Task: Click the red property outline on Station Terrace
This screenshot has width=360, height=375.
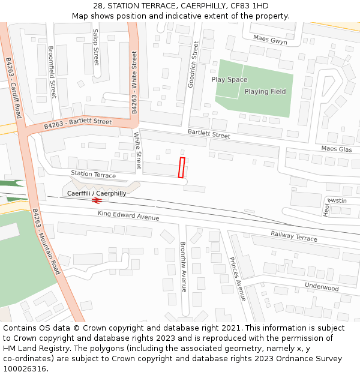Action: (181, 167)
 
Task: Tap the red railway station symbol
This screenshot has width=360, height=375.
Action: (97, 200)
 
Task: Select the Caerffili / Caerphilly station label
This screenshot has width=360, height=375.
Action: (97, 193)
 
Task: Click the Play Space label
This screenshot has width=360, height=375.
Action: (229, 80)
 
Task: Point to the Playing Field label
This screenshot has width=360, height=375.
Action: (265, 92)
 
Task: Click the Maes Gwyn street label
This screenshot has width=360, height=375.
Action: (269, 40)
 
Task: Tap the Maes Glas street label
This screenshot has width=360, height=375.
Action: (336, 149)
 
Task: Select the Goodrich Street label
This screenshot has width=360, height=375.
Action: (194, 65)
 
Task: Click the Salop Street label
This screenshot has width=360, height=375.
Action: (95, 49)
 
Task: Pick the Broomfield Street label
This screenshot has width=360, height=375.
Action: (52, 72)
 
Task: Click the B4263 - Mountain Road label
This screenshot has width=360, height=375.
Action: (46, 242)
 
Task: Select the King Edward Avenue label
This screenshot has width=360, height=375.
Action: (128, 215)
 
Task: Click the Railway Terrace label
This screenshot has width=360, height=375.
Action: (293, 236)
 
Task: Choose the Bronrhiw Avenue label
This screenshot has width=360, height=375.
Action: (184, 266)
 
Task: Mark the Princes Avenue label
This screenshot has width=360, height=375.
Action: (237, 279)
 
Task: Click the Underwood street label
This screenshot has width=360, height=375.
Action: (321, 287)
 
